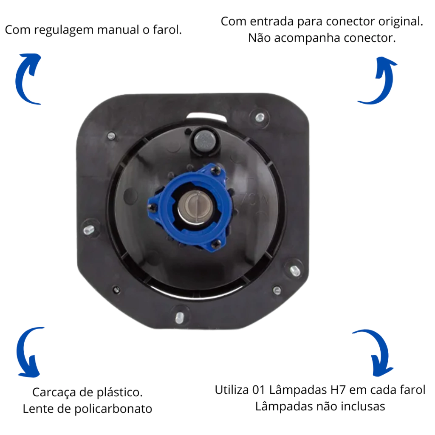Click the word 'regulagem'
tap(64, 30)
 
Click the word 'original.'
tap(401, 21)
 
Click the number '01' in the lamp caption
tap(259, 390)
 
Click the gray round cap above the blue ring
tap(204, 140)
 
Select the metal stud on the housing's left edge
tap(88, 229)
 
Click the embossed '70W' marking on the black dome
tap(254, 198)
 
